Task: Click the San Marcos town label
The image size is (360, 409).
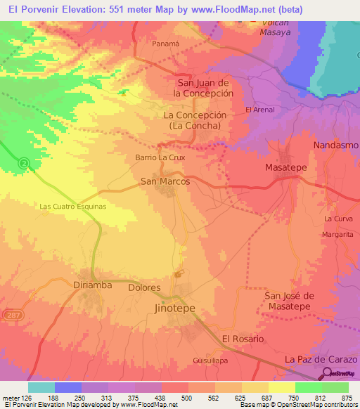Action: click(165, 181)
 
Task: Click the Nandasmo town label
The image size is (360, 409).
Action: click(335, 145)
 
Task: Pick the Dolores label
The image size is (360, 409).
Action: click(145, 288)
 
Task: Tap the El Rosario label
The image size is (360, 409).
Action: click(243, 339)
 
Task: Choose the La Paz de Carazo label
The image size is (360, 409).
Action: click(317, 359)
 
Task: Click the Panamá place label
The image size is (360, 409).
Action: click(167, 43)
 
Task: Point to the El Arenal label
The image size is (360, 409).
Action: click(259, 110)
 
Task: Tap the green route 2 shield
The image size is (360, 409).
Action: click(25, 163)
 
